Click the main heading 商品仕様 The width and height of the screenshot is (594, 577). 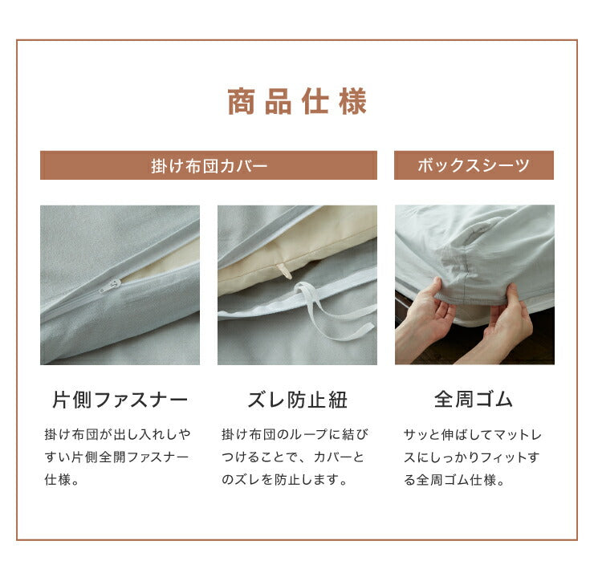297,101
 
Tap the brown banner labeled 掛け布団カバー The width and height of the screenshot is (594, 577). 209,165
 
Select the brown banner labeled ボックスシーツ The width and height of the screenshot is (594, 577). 474,165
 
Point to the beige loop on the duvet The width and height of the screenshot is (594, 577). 283,270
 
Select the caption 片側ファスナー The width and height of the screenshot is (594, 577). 120,400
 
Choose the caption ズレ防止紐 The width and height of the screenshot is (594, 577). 297,400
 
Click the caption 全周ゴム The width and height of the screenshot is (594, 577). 474,400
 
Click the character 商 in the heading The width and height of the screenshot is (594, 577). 241,101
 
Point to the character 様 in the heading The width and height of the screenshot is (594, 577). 352,101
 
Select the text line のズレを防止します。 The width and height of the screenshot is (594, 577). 284,480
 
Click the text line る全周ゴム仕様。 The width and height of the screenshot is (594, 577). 454,480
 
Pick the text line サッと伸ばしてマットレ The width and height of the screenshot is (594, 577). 473,434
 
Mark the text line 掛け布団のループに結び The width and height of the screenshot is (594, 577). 295,434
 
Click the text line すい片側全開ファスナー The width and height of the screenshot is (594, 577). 116,457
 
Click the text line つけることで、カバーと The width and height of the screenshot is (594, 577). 293,457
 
